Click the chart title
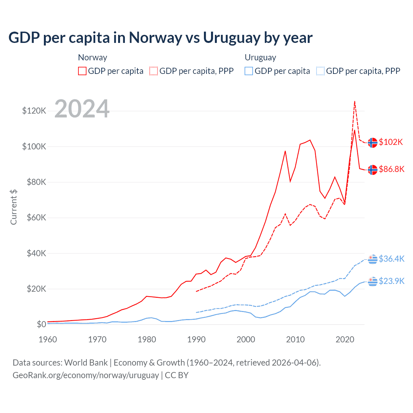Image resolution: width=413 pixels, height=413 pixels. click(x=160, y=38)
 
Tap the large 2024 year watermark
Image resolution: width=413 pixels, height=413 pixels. click(x=82, y=109)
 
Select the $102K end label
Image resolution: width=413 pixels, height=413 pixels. click(x=391, y=142)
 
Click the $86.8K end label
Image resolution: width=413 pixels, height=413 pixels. click(x=391, y=169)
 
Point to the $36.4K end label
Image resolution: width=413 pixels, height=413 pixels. click(x=391, y=259)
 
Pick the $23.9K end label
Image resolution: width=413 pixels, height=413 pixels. click(x=391, y=281)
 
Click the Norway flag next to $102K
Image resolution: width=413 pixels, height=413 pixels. click(x=373, y=142)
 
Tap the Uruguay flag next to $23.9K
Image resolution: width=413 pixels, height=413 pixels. click(x=373, y=281)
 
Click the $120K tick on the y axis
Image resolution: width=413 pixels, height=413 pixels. click(x=34, y=111)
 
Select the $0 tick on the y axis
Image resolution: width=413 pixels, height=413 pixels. click(x=41, y=324)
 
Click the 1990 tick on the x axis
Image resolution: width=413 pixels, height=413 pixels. click(x=196, y=339)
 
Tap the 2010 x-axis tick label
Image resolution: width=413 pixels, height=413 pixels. click(x=295, y=339)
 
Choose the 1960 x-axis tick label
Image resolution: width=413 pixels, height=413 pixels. click(x=48, y=339)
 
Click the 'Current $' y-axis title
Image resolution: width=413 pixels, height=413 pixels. click(x=14, y=207)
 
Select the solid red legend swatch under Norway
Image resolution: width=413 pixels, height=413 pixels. click(x=82, y=71)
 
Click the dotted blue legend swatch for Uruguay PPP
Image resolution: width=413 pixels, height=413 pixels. click(x=320, y=71)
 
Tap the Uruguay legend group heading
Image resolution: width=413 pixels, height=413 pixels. click(x=260, y=57)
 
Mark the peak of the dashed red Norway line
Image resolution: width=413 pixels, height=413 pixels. click(x=355, y=101)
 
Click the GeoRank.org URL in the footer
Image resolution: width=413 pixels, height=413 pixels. click(x=86, y=375)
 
